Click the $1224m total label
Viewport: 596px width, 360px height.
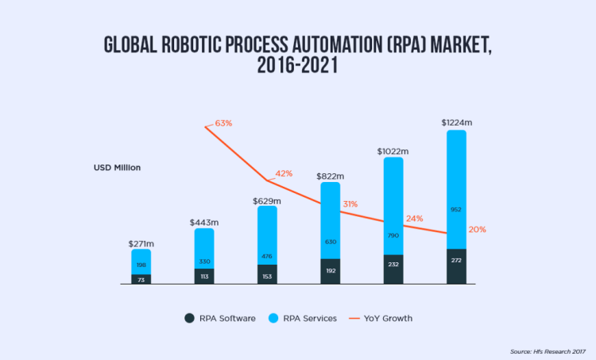457,123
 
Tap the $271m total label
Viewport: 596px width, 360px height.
141,243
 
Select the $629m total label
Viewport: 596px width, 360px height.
267,200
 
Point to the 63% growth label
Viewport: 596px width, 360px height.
223,124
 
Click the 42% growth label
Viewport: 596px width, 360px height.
284,173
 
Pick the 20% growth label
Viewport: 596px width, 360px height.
477,230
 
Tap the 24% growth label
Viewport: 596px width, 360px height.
414,219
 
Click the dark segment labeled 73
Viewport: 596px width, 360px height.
141,279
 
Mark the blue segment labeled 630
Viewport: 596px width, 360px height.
331,221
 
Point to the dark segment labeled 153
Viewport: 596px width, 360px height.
267,275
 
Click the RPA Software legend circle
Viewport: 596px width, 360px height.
189,318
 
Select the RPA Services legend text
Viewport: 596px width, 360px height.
309,318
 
